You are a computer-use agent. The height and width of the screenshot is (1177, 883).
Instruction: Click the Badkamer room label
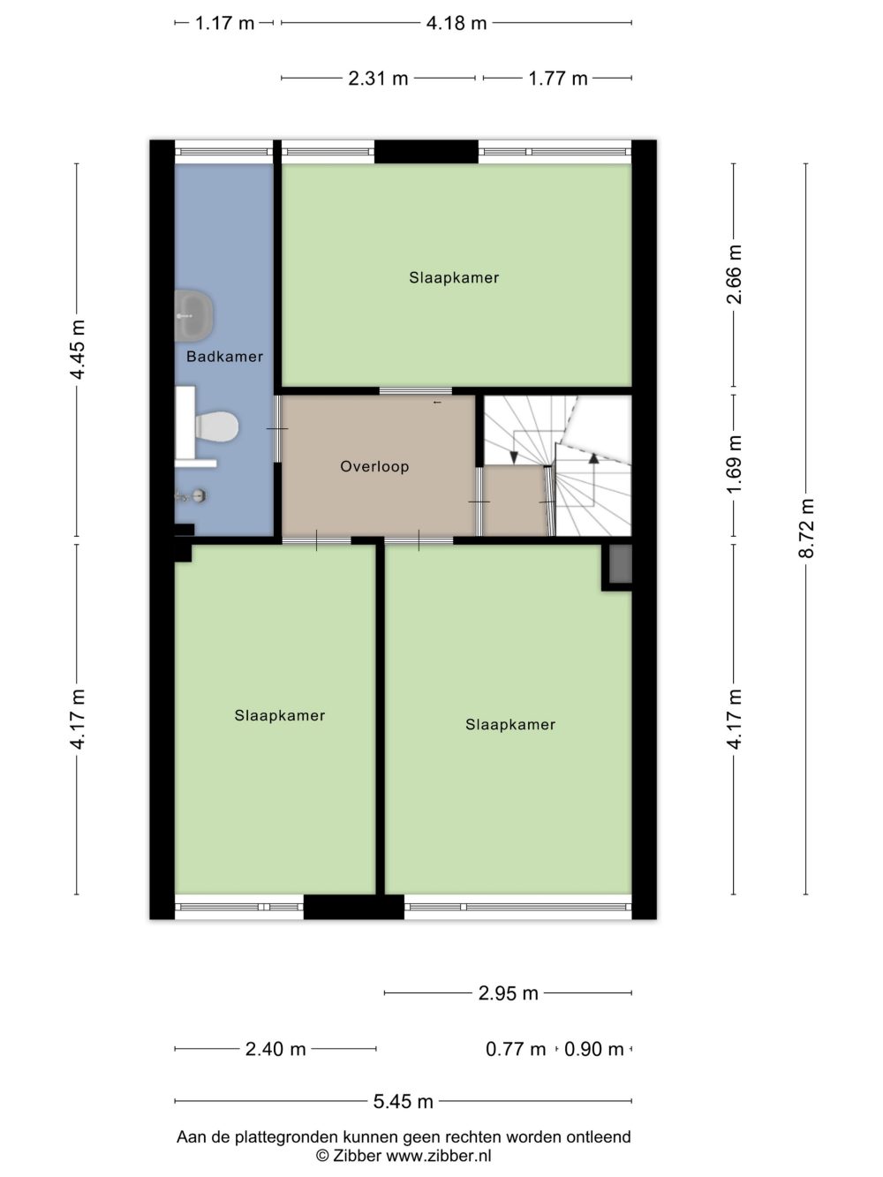tap(224, 357)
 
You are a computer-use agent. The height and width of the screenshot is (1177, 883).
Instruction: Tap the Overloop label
tap(374, 466)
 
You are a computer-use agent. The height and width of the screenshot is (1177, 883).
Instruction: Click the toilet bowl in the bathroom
tap(217, 426)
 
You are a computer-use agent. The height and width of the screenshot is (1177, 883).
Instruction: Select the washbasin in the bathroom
tap(194, 315)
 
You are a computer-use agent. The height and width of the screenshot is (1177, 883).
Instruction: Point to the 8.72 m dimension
tap(807, 528)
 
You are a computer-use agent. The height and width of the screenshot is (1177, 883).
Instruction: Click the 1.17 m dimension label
tap(224, 24)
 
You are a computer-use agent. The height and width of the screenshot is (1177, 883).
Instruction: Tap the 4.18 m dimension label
tap(457, 24)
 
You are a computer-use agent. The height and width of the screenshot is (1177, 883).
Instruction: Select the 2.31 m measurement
tap(378, 79)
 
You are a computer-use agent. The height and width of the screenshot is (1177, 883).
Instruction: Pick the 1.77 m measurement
tap(557, 79)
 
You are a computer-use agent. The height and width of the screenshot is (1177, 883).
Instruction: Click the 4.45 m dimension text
tap(77, 350)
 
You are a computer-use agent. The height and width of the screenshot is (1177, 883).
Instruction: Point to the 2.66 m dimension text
tap(734, 275)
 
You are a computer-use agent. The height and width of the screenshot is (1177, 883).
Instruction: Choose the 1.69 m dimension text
tap(734, 464)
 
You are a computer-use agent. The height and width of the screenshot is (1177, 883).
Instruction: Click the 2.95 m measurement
tap(509, 993)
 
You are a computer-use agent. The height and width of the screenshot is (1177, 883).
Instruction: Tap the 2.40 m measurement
tap(275, 1049)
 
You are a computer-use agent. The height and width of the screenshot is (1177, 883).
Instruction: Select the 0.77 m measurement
tap(516, 1049)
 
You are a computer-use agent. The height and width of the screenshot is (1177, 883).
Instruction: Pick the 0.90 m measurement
tap(594, 1049)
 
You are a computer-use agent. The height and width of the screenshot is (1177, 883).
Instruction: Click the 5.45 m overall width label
tap(404, 1102)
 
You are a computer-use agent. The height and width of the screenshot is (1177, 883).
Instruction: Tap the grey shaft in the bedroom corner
tap(620, 564)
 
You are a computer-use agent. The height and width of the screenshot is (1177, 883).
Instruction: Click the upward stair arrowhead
tap(593, 458)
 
